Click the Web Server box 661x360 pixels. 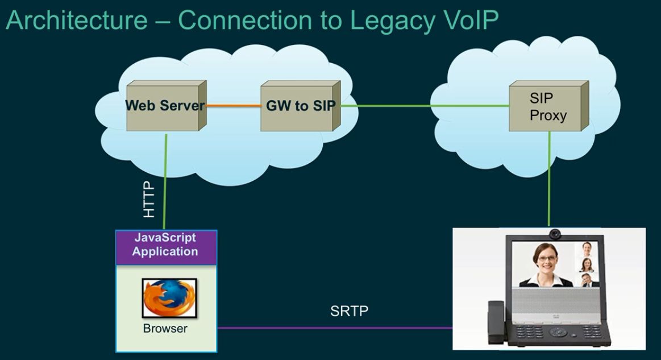click(167, 106)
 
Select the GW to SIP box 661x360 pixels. click(301, 106)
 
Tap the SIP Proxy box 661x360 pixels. click(549, 106)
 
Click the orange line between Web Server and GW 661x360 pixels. click(234, 106)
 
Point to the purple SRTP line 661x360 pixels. click(335, 328)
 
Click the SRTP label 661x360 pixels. click(349, 311)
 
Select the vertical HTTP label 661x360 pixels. click(149, 199)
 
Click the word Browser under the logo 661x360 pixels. click(165, 328)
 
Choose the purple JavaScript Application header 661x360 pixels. click(167, 247)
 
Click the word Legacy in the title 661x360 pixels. click(393, 20)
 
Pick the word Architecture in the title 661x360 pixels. click(77, 20)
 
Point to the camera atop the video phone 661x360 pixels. click(555, 233)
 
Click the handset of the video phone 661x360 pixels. click(496, 321)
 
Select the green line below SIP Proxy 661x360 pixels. click(549, 179)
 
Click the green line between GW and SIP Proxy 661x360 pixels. click(425, 106)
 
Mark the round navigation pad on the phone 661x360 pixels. click(558, 332)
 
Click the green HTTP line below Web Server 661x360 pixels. click(165, 182)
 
